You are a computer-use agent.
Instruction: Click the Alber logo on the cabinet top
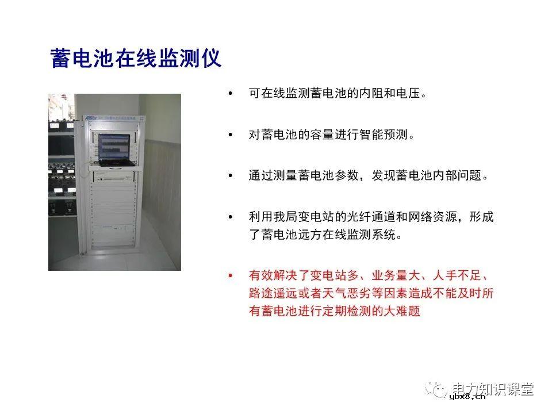(91, 118)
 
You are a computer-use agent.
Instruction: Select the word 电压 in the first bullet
(411, 93)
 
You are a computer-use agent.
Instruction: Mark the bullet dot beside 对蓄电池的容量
(231, 135)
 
